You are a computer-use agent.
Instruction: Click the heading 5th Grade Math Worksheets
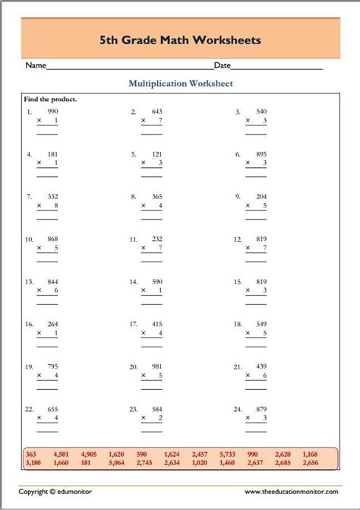[x=180, y=38]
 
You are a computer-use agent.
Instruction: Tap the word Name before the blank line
[x=36, y=66]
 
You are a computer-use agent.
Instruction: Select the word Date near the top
[x=223, y=66]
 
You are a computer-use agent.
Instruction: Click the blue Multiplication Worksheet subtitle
[x=180, y=84]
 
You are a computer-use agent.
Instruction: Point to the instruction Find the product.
[x=51, y=99]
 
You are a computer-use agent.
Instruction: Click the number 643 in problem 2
[x=157, y=111]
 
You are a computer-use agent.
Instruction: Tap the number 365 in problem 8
[x=157, y=196]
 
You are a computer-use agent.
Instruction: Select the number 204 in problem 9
[x=261, y=196]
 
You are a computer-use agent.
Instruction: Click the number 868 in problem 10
[x=52, y=239]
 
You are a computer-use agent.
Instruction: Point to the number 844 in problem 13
[x=52, y=281]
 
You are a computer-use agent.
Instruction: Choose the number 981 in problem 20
[x=157, y=366]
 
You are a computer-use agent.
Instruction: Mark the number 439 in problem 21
[x=261, y=366]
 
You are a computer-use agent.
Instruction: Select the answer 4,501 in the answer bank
[x=62, y=454]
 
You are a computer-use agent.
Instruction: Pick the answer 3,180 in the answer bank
[x=33, y=462]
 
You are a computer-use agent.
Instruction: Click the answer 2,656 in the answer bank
[x=309, y=462]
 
